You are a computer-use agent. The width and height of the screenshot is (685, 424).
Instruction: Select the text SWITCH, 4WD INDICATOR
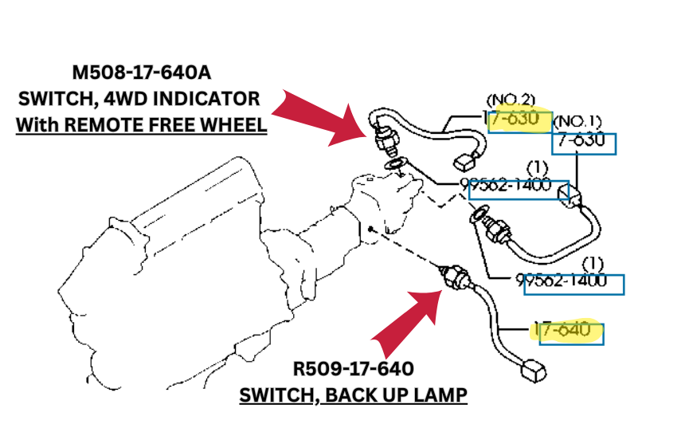tap(140, 100)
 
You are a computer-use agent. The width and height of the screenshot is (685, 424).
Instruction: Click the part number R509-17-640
tap(353, 369)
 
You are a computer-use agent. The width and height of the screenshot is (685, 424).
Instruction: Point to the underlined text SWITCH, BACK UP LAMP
tap(354, 395)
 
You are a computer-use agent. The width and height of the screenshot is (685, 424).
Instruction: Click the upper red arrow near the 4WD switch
tap(318, 119)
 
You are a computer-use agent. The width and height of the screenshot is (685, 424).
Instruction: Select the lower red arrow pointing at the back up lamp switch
tap(406, 323)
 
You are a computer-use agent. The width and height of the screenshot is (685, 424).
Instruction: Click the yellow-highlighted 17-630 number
tap(519, 120)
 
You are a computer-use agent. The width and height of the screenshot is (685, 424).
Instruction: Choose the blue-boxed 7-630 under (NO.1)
tap(585, 142)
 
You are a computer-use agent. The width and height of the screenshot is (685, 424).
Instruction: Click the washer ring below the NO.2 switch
tap(395, 165)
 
